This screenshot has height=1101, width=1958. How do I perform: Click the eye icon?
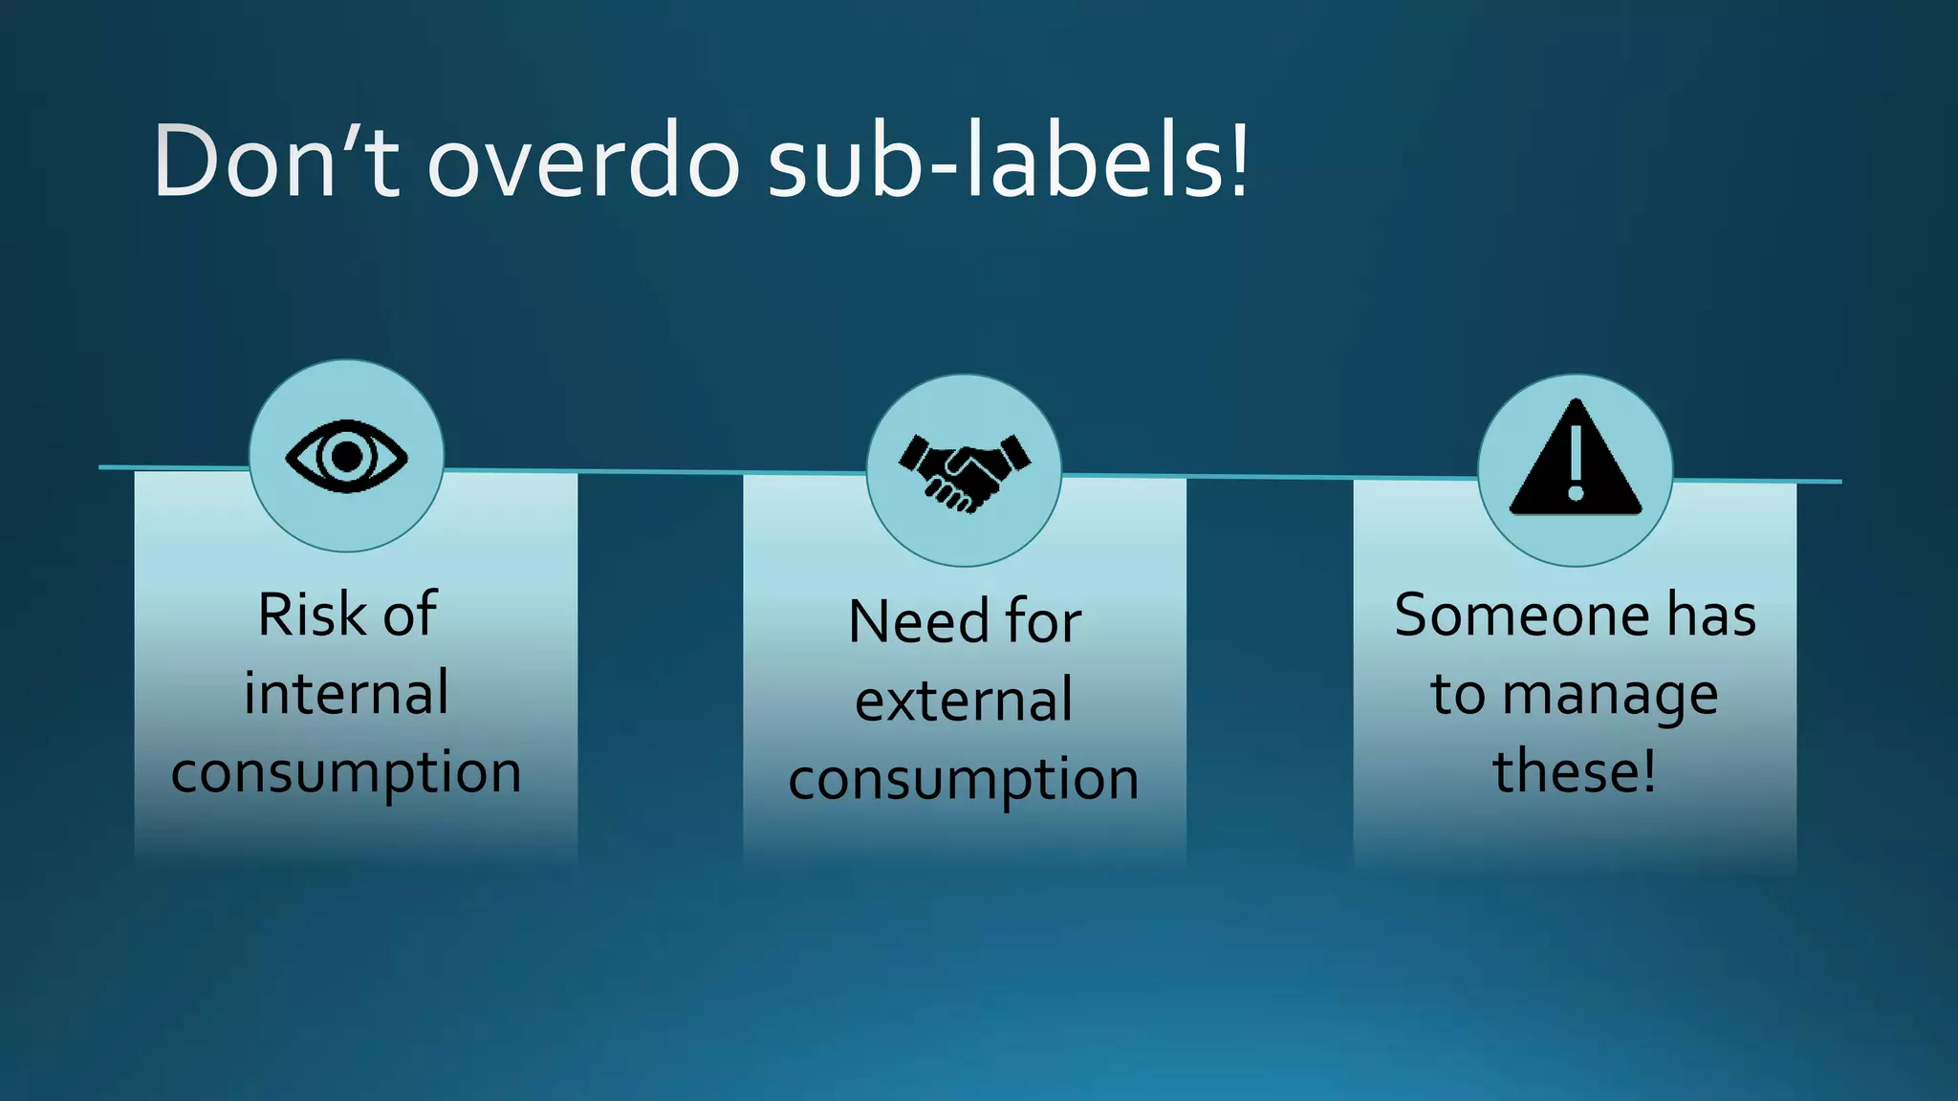(346, 456)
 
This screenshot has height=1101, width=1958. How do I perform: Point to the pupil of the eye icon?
(346, 456)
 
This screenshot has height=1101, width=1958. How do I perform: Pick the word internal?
(346, 693)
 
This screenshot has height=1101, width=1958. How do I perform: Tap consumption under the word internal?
(346, 772)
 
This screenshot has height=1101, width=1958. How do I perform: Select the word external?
(964, 701)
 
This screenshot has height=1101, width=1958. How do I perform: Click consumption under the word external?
(964, 780)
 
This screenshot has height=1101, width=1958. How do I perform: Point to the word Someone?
(1521, 615)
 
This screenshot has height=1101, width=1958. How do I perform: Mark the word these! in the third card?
(1575, 771)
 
